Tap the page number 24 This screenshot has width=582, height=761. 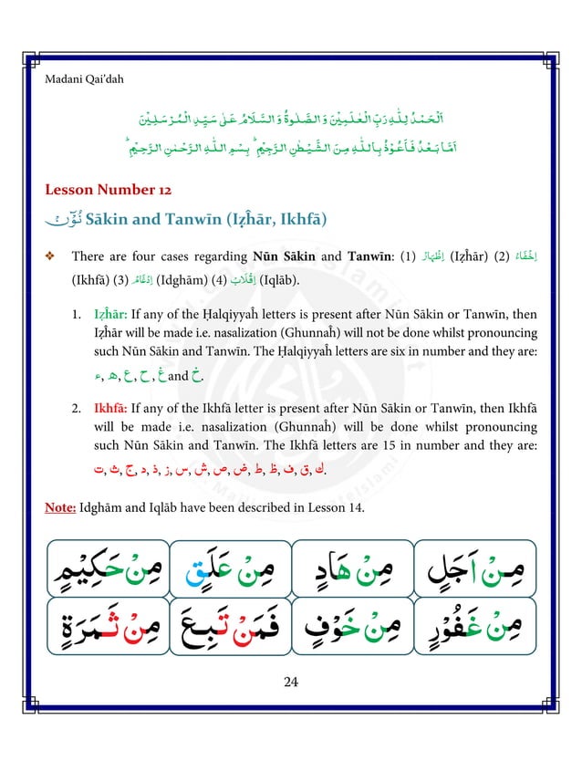pos(290,680)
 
